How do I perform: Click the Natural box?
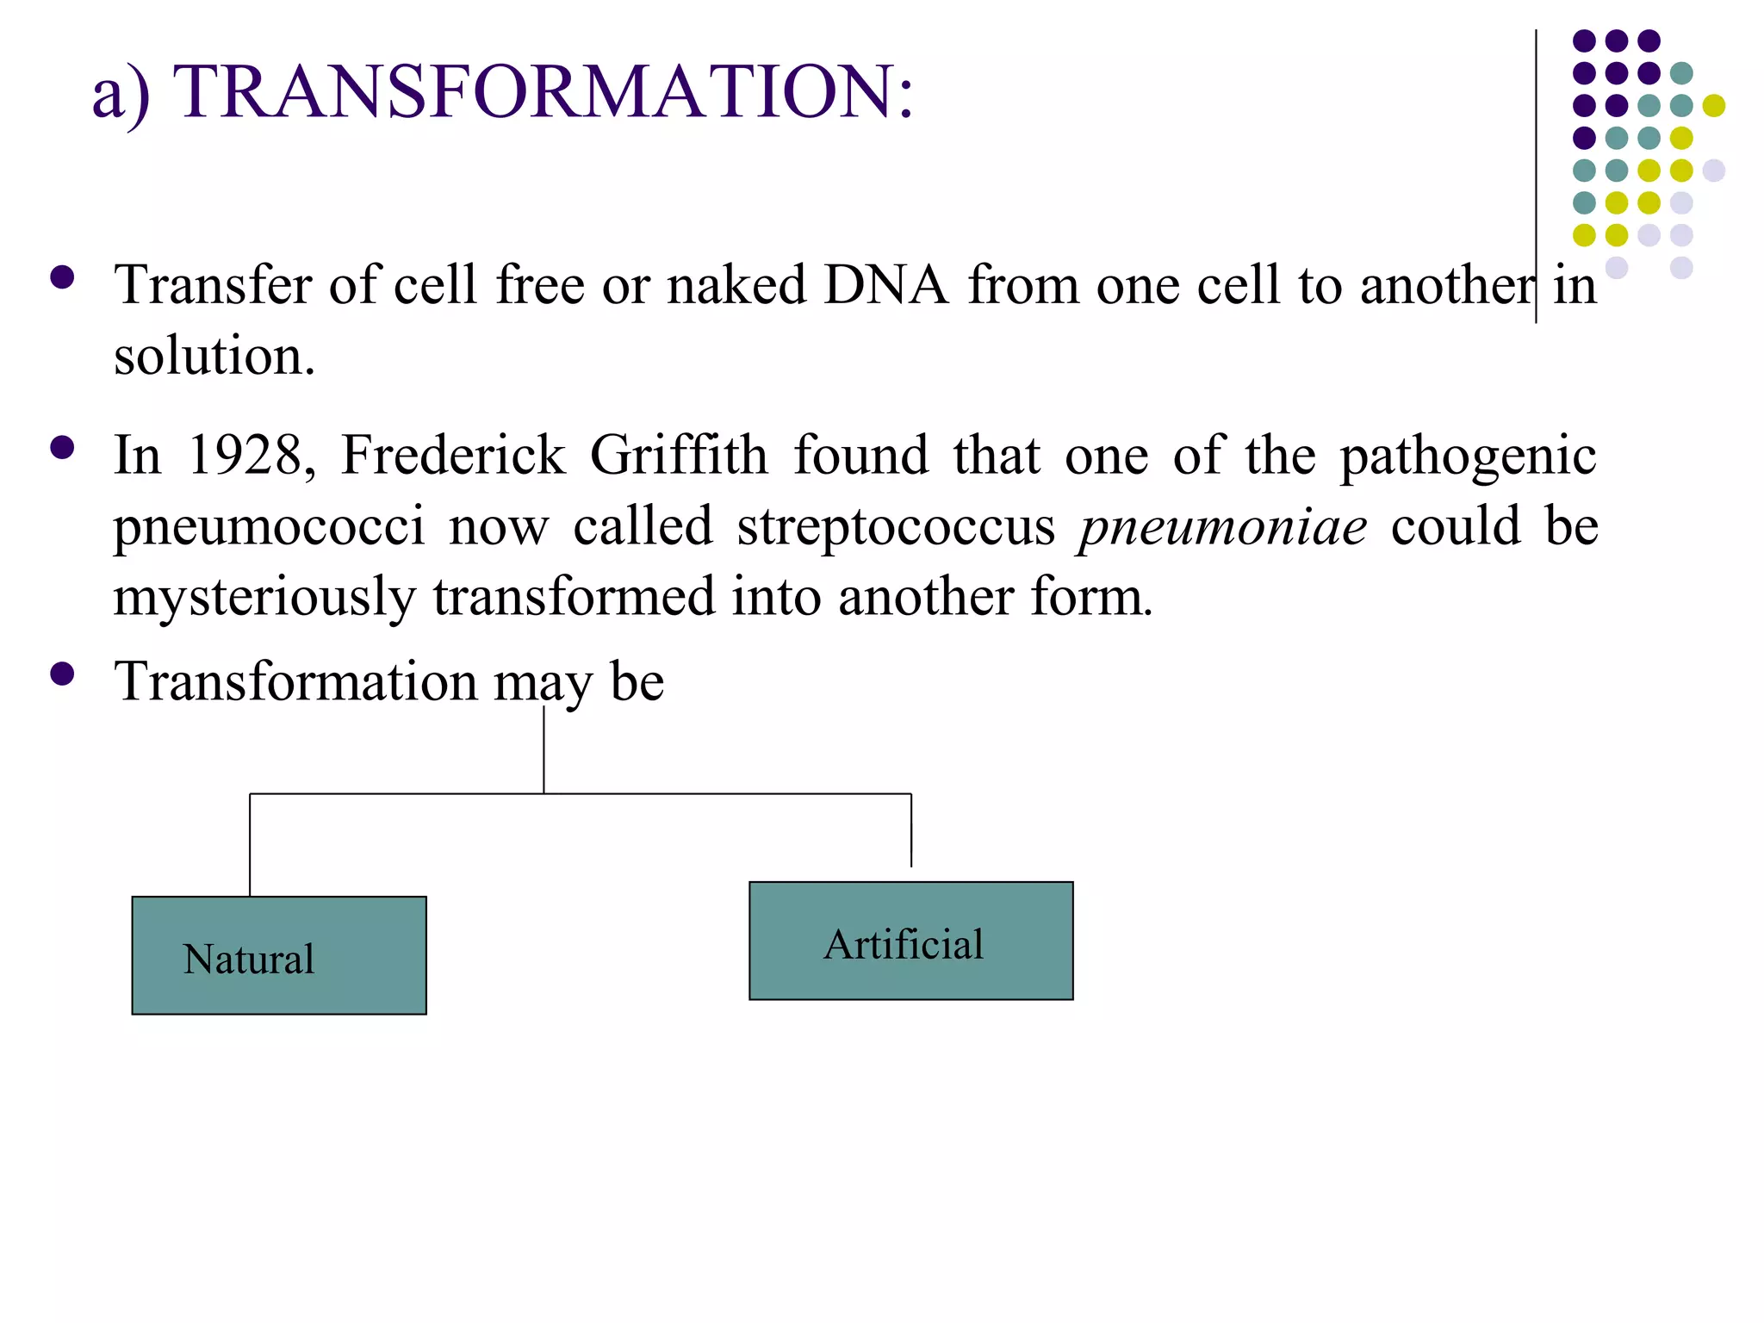279,955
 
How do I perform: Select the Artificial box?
910,941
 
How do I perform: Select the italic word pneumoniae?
1223,526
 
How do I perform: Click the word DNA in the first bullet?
885,285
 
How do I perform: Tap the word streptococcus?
896,526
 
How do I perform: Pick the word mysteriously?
264,598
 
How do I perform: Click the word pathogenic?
1468,457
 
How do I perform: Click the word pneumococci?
269,526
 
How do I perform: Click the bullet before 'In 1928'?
62,448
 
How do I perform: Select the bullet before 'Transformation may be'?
62,674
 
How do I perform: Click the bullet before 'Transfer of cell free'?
62,277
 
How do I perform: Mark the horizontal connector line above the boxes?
580,793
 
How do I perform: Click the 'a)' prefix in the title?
121,93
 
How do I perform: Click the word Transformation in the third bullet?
295,681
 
